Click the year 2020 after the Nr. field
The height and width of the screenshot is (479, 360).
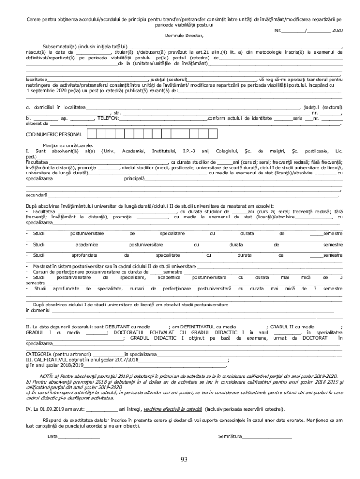[337, 30]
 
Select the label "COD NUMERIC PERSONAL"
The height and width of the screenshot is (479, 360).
[54, 134]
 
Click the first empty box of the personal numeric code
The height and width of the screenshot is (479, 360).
[92, 134]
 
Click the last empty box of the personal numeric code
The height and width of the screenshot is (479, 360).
[220, 134]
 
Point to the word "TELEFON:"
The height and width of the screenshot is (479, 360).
[108, 118]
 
